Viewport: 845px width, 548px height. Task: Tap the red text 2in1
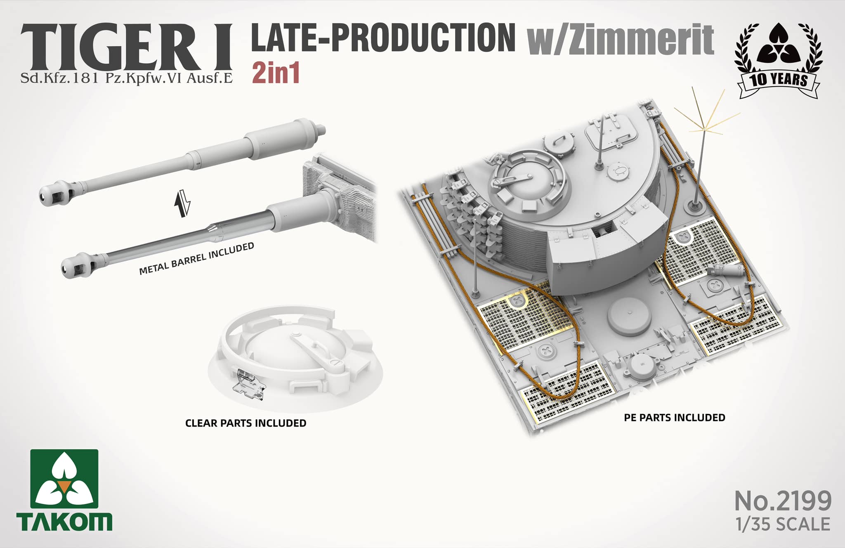(x=276, y=73)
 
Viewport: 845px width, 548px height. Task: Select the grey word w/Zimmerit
(x=621, y=39)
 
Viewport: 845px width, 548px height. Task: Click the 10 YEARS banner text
(x=779, y=79)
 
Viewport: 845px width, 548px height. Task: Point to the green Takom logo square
(x=64, y=479)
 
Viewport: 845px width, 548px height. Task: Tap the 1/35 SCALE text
(x=783, y=524)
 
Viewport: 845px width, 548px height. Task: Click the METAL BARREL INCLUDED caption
(x=196, y=258)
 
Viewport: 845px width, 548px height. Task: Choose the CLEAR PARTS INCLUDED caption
(x=245, y=423)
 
